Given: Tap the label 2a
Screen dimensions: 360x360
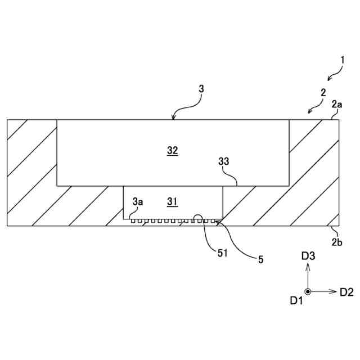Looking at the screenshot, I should (337, 103).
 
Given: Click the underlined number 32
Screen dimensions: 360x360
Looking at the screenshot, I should (172, 150).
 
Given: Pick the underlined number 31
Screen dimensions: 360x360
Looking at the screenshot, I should (172, 201).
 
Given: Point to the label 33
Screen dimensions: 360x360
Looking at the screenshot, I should (224, 161).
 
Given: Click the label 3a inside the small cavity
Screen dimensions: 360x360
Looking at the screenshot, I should (138, 201).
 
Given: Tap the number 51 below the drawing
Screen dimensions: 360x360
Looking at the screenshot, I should (222, 253).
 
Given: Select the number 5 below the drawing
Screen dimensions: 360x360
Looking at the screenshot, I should (260, 259).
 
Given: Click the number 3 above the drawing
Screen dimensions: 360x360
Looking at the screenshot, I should (201, 89).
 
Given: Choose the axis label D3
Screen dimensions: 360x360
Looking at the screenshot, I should (308, 256).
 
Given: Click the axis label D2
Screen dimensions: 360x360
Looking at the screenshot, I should (346, 291).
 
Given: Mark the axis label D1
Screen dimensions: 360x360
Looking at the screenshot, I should (296, 301).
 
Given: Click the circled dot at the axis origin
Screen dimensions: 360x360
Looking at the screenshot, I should (308, 291).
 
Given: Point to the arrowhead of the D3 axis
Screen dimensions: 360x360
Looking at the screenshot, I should (308, 266).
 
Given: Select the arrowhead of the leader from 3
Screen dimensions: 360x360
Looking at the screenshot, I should (174, 118).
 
